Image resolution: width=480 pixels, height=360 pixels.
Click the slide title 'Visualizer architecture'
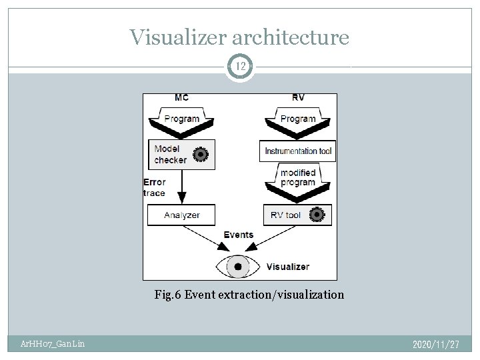[x=239, y=37]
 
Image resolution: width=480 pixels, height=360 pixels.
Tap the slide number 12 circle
[x=239, y=66]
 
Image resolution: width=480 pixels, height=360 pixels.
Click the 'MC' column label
[x=181, y=98]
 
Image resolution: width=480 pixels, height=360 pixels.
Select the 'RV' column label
[x=298, y=98]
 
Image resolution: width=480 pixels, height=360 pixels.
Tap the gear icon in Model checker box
[x=199, y=155]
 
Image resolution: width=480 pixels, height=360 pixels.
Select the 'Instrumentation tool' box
[x=298, y=151]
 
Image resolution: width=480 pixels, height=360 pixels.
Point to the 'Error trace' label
[x=154, y=187]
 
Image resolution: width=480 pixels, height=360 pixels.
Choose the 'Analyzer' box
[x=182, y=215]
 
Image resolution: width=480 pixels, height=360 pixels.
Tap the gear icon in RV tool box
[x=316, y=215]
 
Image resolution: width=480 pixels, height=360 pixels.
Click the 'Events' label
[x=239, y=235]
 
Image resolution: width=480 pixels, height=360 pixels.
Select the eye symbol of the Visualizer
[x=238, y=267]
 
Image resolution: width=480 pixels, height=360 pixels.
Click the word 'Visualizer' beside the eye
[x=288, y=267]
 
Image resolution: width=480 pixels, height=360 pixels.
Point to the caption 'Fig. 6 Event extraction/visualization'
[x=249, y=294]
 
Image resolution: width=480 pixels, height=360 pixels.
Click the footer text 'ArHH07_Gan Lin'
[x=51, y=344]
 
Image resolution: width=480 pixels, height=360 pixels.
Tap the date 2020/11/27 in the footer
[x=436, y=344]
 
